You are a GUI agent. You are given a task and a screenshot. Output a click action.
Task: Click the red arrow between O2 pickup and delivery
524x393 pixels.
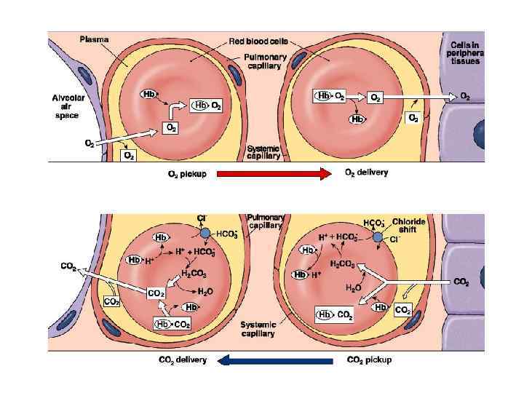(273, 173)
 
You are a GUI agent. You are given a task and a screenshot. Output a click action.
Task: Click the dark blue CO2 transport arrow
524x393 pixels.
(274, 360)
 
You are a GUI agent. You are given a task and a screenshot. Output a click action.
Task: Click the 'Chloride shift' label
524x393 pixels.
(408, 226)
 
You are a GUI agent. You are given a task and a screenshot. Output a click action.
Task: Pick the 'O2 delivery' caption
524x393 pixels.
(366, 173)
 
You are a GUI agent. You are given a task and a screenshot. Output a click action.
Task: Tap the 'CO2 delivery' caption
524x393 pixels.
(183, 360)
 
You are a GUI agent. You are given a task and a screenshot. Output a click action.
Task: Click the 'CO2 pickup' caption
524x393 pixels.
(369, 360)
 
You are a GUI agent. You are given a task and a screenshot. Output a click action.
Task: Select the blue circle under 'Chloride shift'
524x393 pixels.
(378, 237)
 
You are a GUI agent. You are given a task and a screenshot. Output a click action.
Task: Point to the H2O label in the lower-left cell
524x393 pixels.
(205, 291)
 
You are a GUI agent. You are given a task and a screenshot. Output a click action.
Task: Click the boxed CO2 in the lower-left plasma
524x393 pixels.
(112, 301)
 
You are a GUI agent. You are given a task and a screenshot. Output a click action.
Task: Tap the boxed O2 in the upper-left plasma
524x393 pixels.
(128, 155)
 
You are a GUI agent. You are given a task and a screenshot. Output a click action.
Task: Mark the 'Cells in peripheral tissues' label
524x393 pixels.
(467, 51)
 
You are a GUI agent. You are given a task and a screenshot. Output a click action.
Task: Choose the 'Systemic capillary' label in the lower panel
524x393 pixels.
(258, 329)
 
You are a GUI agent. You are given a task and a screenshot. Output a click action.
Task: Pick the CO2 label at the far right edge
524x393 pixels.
(461, 282)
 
